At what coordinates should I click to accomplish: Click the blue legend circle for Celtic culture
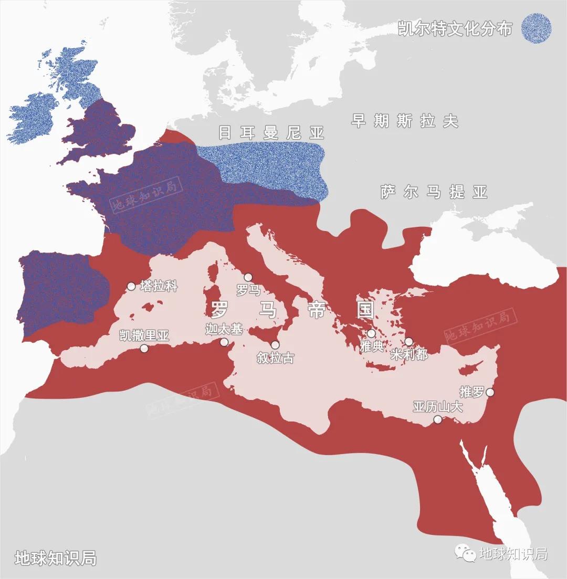click(536, 28)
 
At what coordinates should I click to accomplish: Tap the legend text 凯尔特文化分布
click(455, 29)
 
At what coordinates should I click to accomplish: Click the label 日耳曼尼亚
click(271, 133)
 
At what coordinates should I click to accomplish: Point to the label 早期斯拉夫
click(404, 121)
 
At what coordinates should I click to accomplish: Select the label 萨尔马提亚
click(434, 192)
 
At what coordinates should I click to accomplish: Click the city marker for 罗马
click(248, 277)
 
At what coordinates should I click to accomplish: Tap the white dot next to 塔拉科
click(131, 287)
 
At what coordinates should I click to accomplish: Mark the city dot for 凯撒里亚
click(144, 348)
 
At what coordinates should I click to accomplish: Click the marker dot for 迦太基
click(224, 342)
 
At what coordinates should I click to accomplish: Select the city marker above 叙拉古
click(275, 345)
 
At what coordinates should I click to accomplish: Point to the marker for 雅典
click(371, 333)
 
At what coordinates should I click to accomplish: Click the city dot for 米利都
click(408, 342)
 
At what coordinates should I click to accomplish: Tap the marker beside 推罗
click(490, 392)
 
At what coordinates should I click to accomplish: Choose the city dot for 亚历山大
click(437, 419)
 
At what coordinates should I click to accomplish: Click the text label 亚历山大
click(437, 407)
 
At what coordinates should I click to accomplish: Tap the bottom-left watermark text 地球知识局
click(55, 557)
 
